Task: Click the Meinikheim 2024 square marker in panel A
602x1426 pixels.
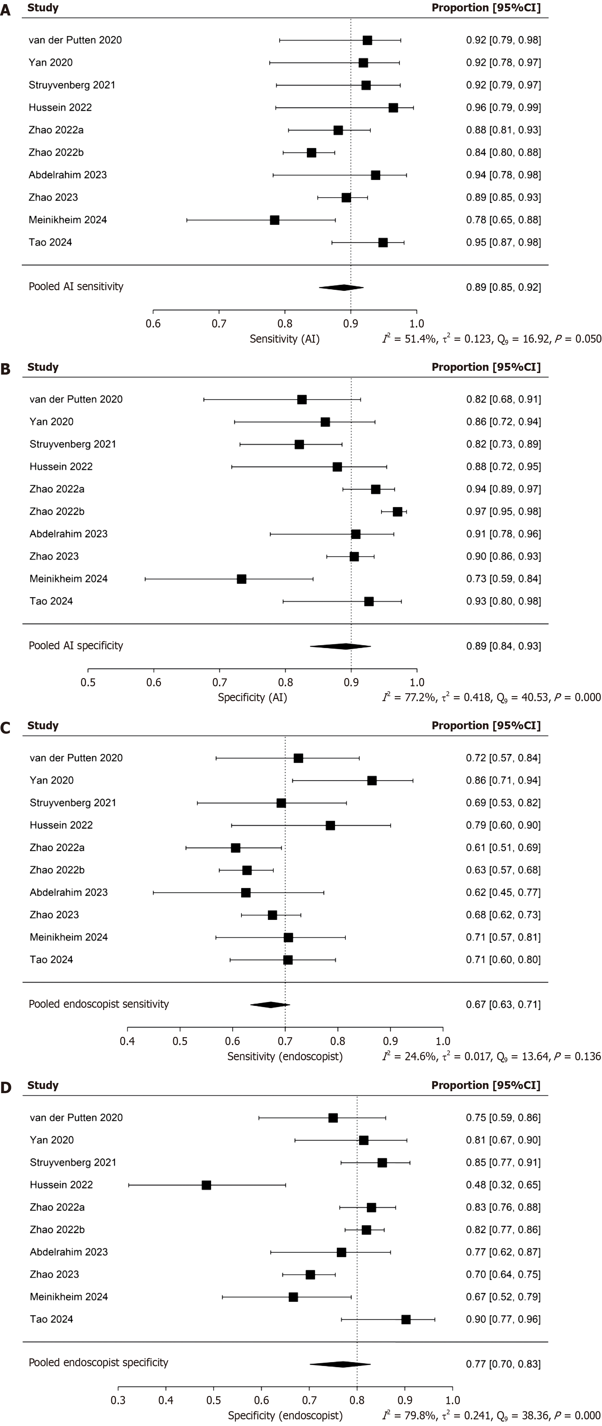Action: [x=274, y=220]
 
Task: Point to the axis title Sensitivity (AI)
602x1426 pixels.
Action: [x=284, y=339]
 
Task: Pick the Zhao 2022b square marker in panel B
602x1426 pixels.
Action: [x=397, y=511]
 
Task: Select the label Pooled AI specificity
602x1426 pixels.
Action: [x=76, y=646]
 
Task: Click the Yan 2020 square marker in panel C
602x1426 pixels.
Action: [x=372, y=780]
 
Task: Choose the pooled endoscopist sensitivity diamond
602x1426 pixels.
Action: [x=270, y=1005]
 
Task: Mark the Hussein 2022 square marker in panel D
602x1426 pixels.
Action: [x=206, y=1185]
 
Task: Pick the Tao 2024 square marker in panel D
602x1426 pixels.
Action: [x=405, y=1320]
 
